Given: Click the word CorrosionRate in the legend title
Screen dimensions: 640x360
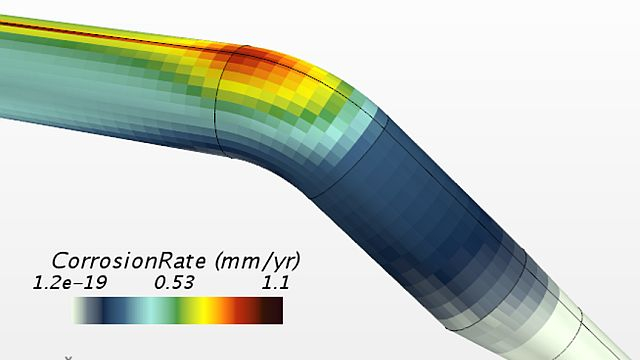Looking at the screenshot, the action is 129,261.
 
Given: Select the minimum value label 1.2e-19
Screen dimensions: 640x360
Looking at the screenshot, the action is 70,282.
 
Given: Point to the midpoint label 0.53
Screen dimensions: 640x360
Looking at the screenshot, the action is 174,282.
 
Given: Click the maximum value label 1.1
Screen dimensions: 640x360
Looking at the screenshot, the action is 276,282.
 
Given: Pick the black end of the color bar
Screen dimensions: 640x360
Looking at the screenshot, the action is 273,310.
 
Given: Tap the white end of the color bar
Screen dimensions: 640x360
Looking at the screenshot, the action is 79,310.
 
